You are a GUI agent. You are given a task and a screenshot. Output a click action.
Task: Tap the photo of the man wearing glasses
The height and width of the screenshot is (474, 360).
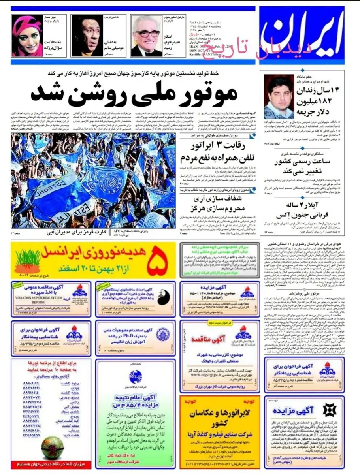146,36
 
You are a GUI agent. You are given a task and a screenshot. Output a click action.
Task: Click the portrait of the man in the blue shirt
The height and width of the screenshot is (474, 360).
279,96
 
